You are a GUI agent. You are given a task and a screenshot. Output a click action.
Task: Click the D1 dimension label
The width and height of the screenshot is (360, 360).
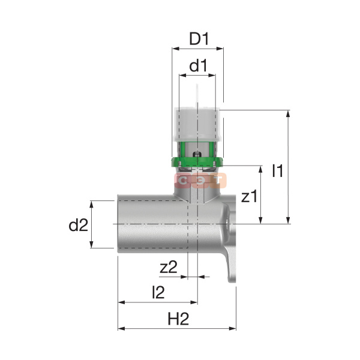(x=199, y=39)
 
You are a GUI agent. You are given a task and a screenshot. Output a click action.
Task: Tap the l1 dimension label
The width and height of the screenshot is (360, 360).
(x=278, y=170)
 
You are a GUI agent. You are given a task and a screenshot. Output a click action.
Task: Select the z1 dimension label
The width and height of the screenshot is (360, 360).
(x=250, y=196)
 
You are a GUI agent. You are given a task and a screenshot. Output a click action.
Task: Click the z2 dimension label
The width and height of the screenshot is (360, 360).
(x=169, y=267)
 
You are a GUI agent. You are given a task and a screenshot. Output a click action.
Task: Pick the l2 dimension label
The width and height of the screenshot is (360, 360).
(x=158, y=292)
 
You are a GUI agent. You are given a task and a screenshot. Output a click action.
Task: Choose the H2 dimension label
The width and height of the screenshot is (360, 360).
(x=178, y=319)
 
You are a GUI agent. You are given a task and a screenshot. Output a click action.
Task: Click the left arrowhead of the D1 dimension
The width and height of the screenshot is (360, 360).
(x=175, y=49)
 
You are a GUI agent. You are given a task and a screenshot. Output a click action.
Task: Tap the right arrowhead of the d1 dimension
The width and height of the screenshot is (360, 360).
(x=212, y=75)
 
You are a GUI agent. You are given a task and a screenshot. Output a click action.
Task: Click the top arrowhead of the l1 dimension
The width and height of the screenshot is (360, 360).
(x=288, y=113)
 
